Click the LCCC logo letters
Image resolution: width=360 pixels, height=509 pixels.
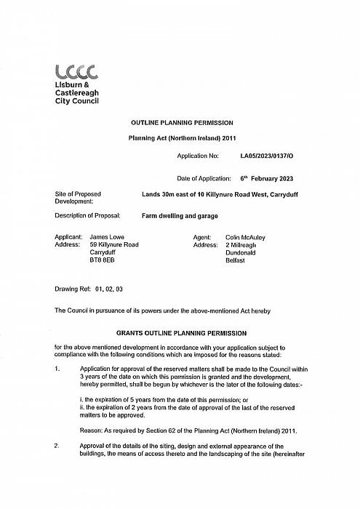point(74,71)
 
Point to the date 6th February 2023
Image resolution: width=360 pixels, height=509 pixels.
point(268,177)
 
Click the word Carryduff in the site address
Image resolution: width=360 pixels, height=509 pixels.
point(281,195)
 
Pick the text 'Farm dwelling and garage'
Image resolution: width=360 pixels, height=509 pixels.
point(179,216)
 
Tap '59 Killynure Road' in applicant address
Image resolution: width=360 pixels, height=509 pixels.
point(113,245)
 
